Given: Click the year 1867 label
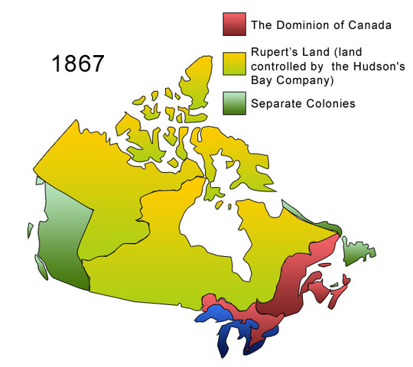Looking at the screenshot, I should (78, 64).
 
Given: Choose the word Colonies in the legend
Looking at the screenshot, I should (331, 103).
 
